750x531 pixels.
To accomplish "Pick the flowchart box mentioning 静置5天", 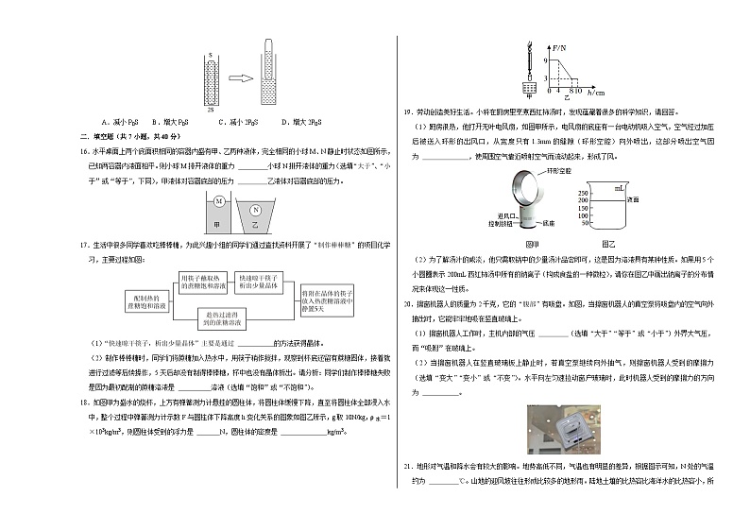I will tap(332, 300).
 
